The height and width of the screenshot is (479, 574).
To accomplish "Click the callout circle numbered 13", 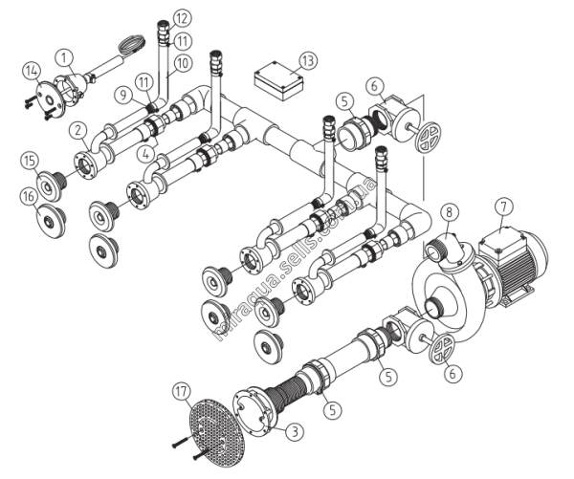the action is tap(308, 60).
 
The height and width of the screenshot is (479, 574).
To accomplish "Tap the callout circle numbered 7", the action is tap(504, 207).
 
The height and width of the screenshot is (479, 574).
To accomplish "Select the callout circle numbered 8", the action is tap(450, 212).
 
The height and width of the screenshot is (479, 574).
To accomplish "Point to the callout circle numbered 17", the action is tap(182, 392).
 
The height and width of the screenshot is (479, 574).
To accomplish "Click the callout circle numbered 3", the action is tap(295, 432).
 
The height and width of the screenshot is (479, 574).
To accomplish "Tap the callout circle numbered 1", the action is tap(65, 57).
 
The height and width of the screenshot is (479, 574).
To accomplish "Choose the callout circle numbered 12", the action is tap(182, 19).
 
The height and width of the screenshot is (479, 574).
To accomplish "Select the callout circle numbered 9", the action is tap(123, 96).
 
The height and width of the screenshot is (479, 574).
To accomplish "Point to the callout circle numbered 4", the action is tap(146, 154).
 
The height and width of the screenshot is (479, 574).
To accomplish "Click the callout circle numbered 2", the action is tap(78, 131).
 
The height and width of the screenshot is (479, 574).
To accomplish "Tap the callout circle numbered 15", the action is tap(30, 161).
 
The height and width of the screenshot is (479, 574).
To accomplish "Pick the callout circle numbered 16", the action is tap(29, 197).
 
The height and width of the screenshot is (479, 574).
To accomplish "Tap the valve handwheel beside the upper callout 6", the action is tap(429, 137).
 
